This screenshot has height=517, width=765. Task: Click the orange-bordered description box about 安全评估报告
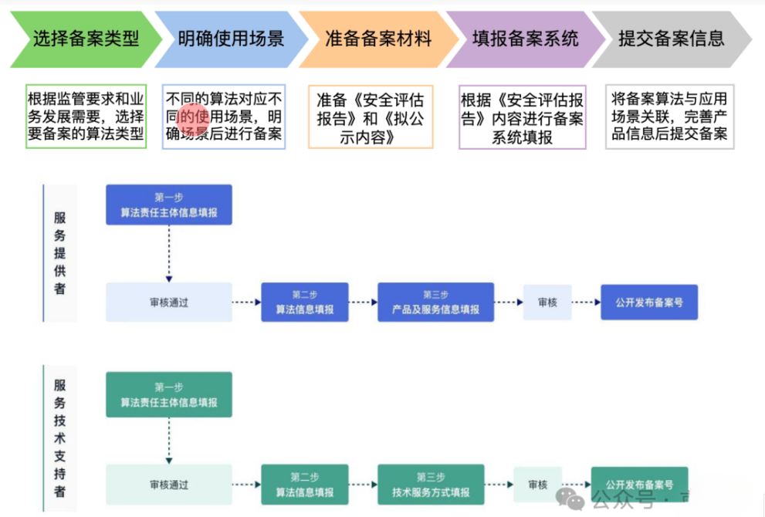371,117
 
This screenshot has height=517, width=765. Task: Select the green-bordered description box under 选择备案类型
86,117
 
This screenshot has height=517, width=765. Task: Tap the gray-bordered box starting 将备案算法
669,117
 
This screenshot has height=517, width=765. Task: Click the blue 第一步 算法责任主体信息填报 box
168,204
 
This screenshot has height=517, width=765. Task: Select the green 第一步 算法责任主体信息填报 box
168,394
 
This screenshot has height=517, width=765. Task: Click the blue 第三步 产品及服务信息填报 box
435,302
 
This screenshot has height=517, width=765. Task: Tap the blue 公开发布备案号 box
648,302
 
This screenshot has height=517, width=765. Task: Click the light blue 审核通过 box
168,302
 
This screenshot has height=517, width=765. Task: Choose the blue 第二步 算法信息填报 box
304,302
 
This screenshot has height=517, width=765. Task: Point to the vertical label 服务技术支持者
59,437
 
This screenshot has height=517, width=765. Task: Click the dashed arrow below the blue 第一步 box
168,255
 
